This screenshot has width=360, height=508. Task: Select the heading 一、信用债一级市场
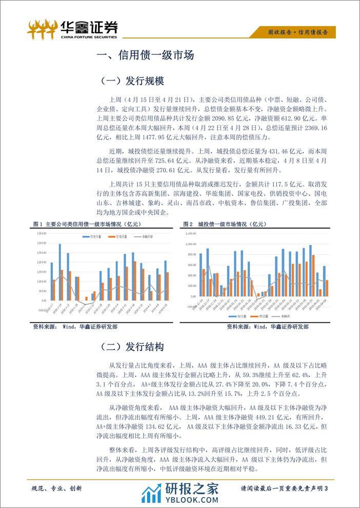click(145, 55)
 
